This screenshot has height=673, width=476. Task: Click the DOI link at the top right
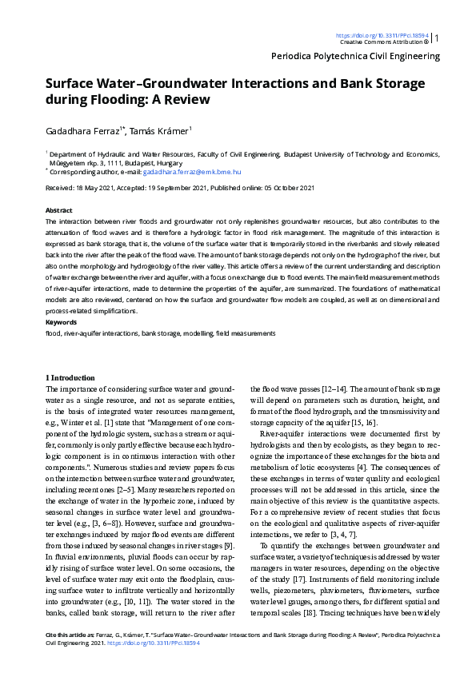(382, 35)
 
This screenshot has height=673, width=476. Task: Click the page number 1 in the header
(437, 38)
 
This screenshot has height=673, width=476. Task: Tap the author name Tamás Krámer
(160, 129)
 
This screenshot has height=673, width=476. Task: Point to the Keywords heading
(61, 322)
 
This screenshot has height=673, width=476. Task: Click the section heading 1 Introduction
(70, 377)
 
